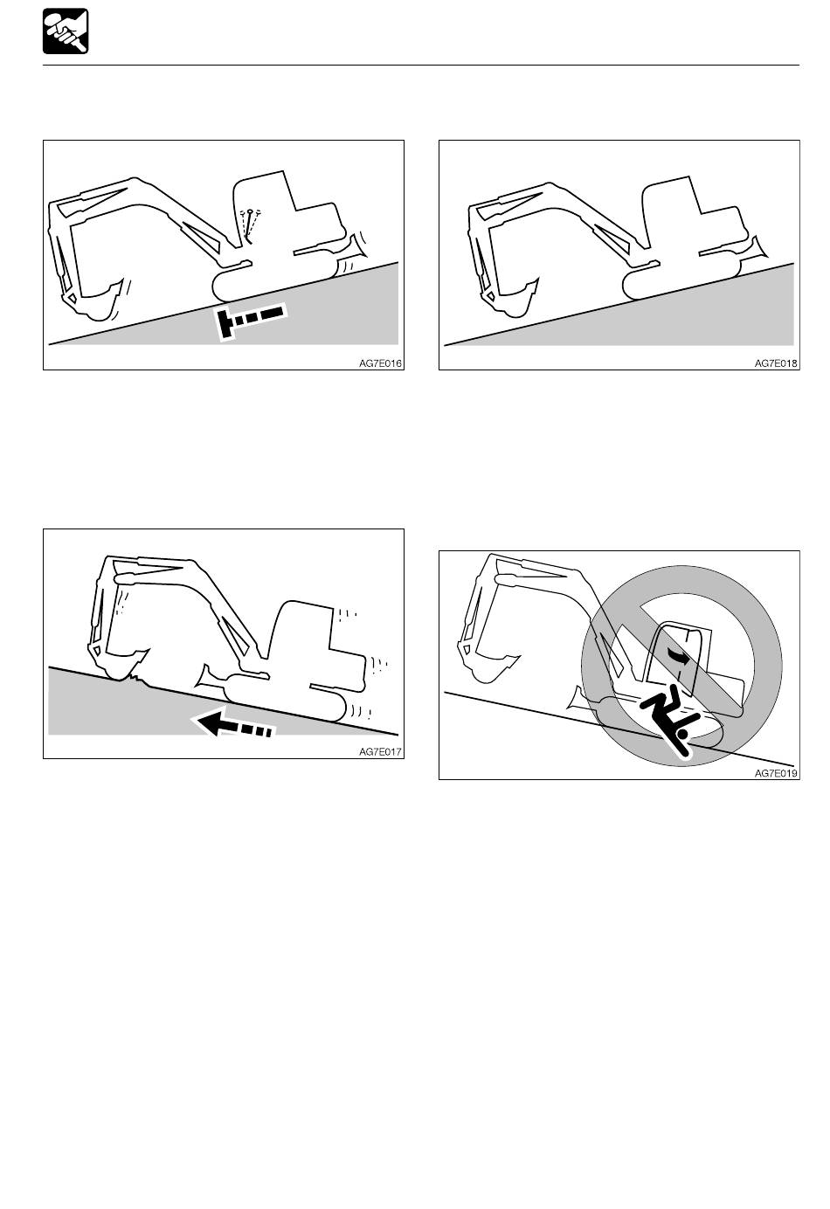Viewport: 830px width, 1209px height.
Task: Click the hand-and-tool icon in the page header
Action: tap(66, 31)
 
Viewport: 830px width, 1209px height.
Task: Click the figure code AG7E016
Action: tap(380, 363)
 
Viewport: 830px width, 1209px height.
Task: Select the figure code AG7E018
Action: tap(776, 363)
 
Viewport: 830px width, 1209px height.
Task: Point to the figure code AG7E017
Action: tap(380, 752)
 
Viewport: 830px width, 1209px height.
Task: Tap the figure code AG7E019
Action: tap(776, 773)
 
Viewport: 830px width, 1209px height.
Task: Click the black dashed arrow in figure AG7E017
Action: tap(233, 724)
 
